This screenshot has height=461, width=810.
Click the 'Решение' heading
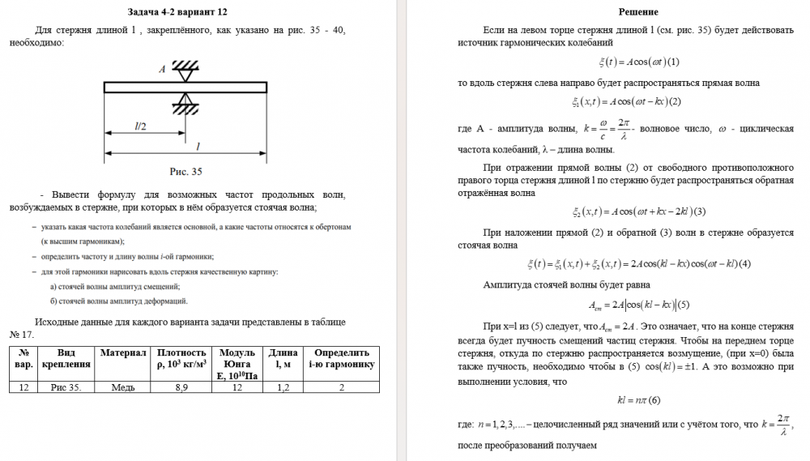click(x=638, y=12)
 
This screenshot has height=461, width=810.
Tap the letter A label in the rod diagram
click(x=162, y=70)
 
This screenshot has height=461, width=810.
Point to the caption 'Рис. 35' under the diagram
click(x=185, y=171)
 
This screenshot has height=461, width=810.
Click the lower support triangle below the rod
click(x=187, y=101)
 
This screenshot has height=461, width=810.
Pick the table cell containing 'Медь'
click(x=123, y=387)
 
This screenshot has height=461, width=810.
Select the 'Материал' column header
click(x=123, y=353)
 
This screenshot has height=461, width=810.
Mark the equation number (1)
click(x=674, y=62)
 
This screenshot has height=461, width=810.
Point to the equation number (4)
click(x=745, y=263)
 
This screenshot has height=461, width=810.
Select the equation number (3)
click(x=701, y=212)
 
